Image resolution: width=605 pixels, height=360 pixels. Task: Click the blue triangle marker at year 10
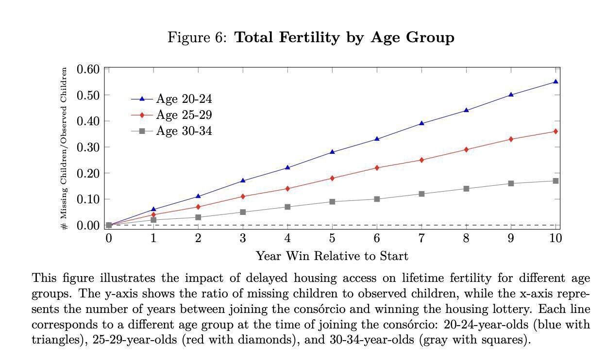click(555, 82)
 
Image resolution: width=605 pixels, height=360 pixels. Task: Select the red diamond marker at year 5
click(332, 178)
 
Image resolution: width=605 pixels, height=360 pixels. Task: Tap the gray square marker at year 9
click(511, 183)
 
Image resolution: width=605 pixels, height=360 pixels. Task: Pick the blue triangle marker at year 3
click(243, 180)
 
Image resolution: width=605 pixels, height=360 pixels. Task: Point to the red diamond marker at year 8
click(466, 149)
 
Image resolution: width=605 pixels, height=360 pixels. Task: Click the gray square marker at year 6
click(377, 199)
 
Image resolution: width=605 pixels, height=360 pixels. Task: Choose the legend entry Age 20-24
click(184, 99)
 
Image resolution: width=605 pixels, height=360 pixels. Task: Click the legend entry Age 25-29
click(184, 115)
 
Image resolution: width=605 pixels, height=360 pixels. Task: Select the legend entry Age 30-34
click(184, 131)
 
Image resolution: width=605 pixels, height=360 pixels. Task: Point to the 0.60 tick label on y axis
click(88, 69)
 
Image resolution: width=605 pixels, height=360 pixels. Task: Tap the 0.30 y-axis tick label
click(88, 147)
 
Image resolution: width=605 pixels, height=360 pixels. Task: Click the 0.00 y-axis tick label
click(88, 225)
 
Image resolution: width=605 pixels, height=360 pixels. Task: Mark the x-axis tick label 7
click(421, 238)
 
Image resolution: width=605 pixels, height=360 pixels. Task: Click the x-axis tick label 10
click(555, 238)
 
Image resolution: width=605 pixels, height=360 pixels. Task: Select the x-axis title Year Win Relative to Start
click(332, 256)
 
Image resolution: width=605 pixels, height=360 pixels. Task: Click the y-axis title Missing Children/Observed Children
click(64, 148)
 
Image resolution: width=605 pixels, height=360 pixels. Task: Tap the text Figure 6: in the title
click(197, 38)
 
